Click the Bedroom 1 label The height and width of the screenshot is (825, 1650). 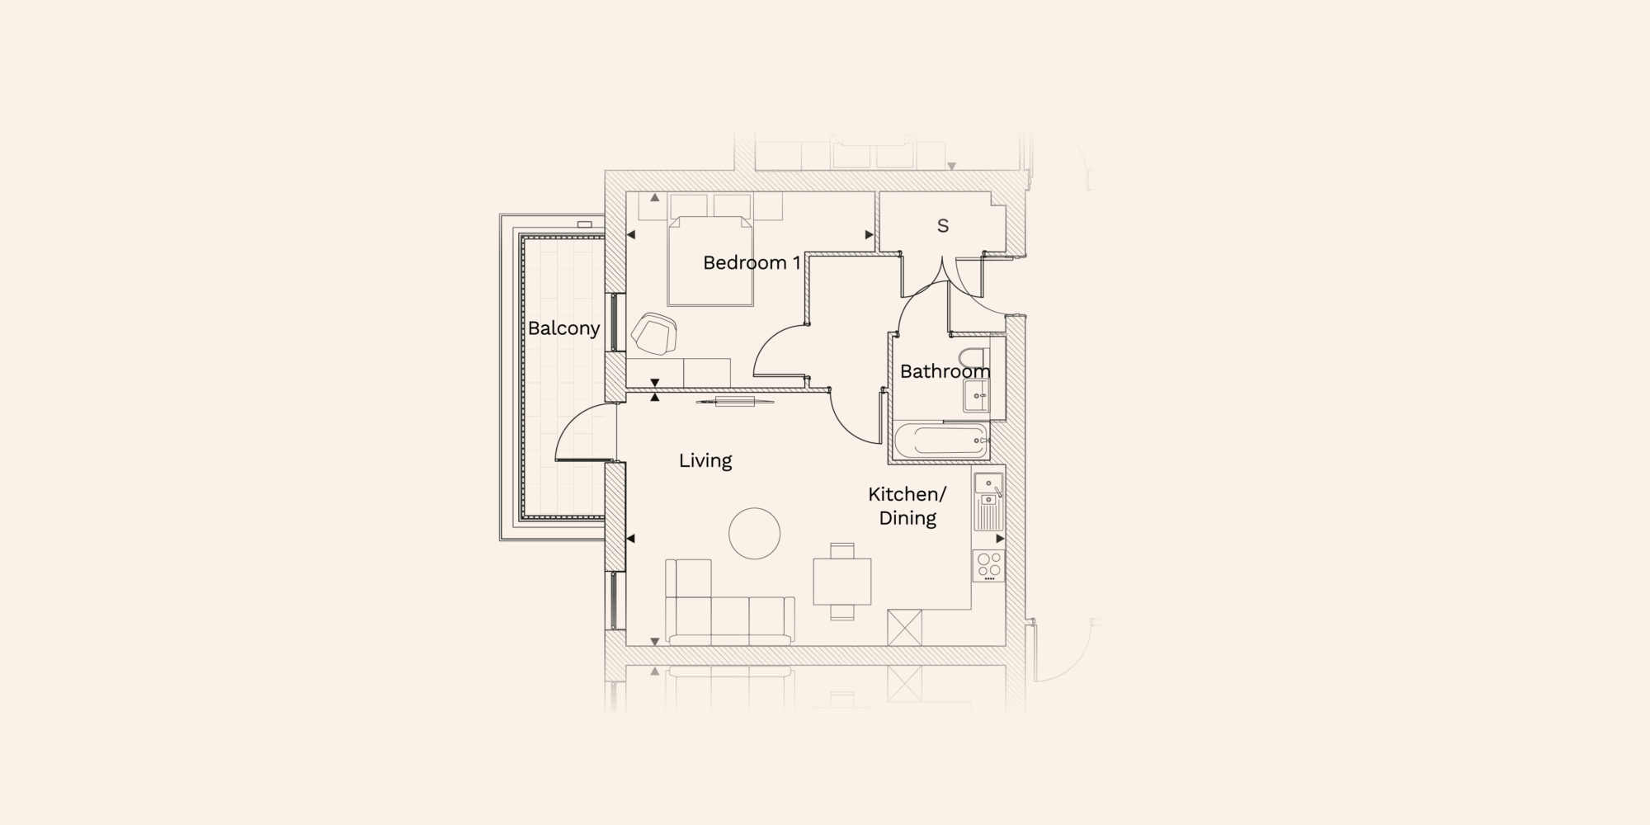click(x=752, y=263)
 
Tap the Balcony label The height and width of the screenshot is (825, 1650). click(x=563, y=328)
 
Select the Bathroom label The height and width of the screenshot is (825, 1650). click(x=945, y=371)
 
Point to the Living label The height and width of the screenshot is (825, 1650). click(x=705, y=460)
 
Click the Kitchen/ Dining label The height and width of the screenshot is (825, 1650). click(x=907, y=506)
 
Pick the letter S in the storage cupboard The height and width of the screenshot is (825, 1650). click(x=943, y=225)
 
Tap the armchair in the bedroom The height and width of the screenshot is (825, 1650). click(x=654, y=334)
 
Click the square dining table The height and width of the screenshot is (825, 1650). click(x=842, y=581)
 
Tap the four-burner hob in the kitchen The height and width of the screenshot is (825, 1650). click(x=988, y=565)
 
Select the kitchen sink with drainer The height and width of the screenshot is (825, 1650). click(x=988, y=502)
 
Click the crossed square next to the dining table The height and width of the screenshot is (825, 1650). click(x=903, y=628)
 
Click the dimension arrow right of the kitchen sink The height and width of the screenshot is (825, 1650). click(x=1000, y=539)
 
